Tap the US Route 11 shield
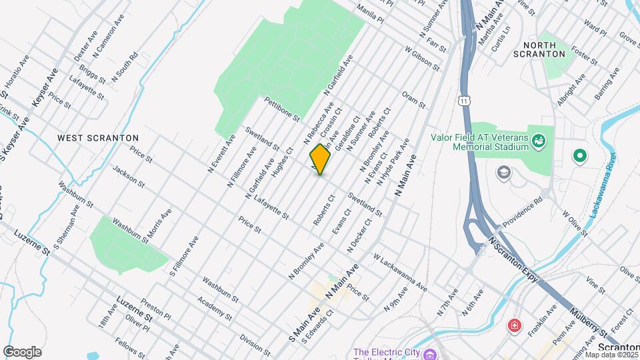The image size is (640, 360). click(x=464, y=100)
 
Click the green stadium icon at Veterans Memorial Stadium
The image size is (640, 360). click(x=539, y=141)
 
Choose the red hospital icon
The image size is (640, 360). click(x=514, y=327)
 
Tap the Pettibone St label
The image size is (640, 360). click(x=282, y=109)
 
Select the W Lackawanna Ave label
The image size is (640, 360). click(x=400, y=272)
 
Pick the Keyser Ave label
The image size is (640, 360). click(x=41, y=94)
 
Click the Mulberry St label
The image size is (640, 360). click(x=589, y=323)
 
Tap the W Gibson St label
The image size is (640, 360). click(x=423, y=58)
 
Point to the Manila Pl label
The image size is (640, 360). click(x=371, y=12)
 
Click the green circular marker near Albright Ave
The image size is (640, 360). click(x=579, y=157)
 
